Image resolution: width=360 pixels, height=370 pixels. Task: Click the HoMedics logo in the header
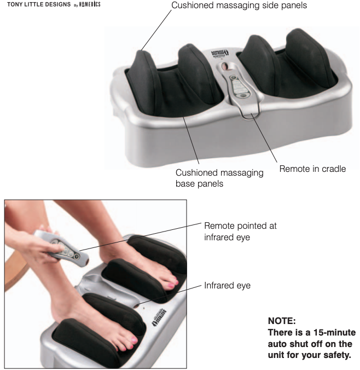coord(90,4)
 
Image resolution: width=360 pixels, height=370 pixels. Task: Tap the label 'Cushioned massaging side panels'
coord(239,5)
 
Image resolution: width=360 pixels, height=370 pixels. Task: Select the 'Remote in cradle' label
coord(312,169)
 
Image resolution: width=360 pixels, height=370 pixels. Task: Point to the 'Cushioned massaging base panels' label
coord(219,178)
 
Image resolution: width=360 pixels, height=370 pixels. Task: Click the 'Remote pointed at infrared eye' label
coord(240,232)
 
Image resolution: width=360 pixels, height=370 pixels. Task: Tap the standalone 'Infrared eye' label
coord(227,286)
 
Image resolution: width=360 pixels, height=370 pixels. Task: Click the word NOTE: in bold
coord(282,321)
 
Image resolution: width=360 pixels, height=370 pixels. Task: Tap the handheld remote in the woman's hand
coord(62,249)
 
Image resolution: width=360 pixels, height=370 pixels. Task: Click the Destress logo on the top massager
coord(220,53)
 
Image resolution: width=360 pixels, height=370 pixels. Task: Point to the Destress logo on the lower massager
coord(159,317)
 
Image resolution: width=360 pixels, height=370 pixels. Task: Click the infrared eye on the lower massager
coord(136,306)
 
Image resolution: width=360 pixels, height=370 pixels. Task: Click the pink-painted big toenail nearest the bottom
coord(134,340)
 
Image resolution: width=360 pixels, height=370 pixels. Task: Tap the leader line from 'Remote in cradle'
coord(264,138)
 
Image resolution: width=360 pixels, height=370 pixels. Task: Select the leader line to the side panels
coord(156,30)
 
